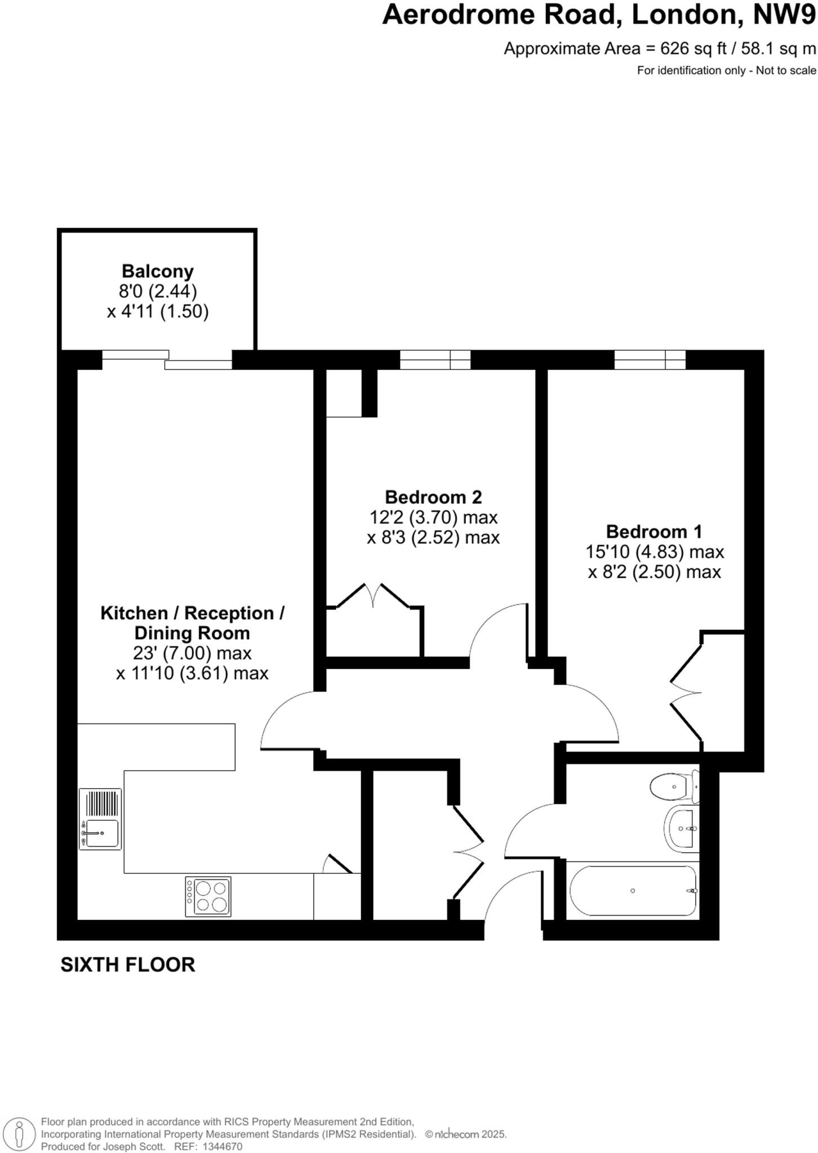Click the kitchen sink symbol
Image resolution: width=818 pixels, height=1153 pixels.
point(100,819)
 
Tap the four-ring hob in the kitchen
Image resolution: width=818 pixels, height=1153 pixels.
point(208,897)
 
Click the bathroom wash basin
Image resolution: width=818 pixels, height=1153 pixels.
point(682,828)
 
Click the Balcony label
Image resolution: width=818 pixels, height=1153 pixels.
point(158,271)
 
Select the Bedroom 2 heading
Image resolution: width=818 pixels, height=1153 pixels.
point(433,497)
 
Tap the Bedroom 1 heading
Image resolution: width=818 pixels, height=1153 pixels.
point(654,531)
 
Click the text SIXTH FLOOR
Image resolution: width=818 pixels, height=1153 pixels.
point(128,965)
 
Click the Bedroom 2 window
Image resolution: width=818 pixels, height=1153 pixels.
point(435,359)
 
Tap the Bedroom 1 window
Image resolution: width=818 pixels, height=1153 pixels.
point(650,359)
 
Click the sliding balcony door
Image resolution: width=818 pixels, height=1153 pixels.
point(167,360)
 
